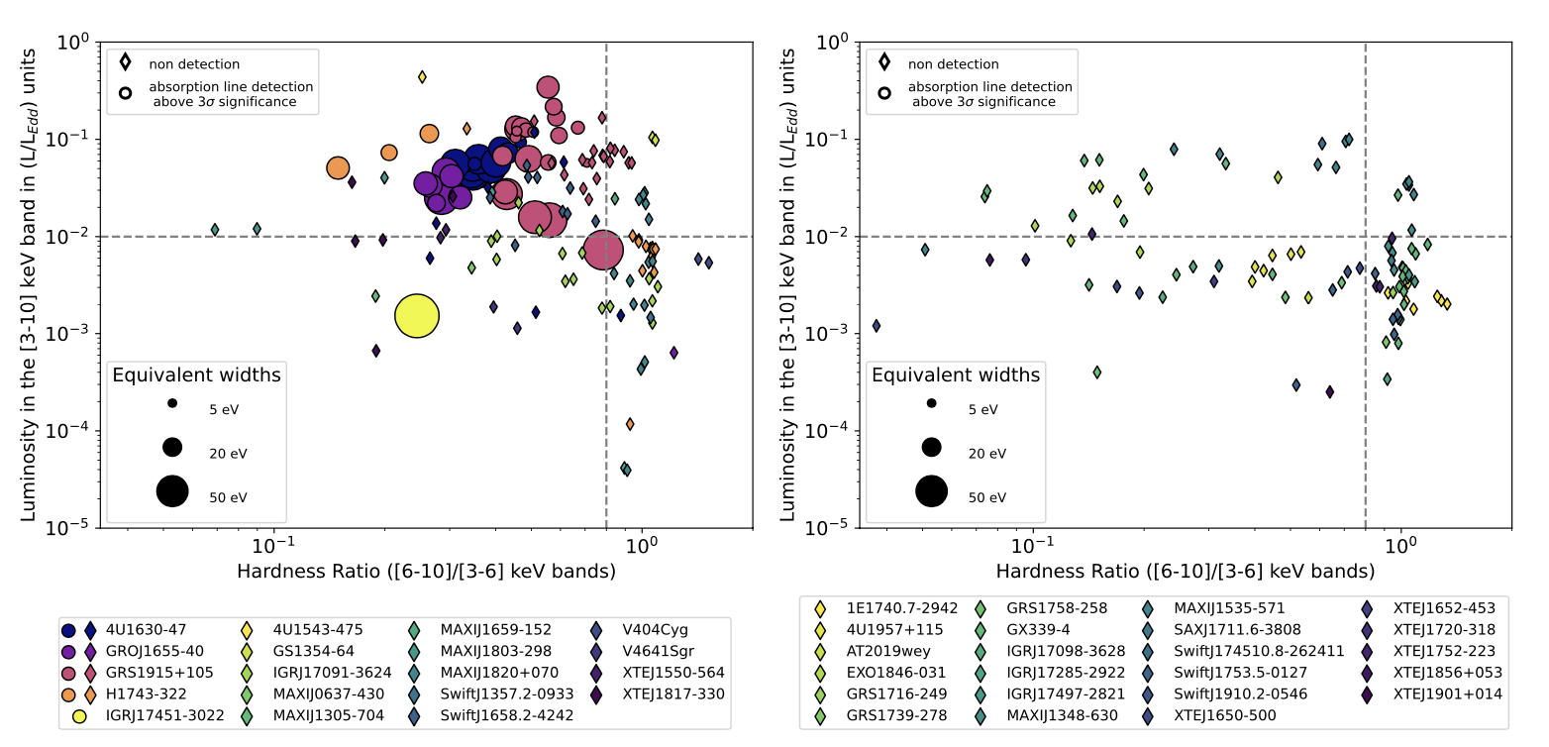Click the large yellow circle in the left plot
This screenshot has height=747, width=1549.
click(x=417, y=316)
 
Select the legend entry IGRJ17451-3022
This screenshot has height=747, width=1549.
click(x=164, y=715)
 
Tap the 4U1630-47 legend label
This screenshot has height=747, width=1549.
click(x=146, y=629)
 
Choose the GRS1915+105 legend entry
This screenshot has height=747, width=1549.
click(x=159, y=673)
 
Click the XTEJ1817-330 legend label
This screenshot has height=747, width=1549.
click(x=673, y=694)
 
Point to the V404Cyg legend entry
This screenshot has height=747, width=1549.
click(x=656, y=629)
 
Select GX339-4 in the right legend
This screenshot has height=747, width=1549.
click(x=1038, y=629)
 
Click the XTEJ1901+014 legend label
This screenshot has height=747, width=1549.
click(x=1448, y=694)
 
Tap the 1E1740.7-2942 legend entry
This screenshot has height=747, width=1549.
click(x=901, y=608)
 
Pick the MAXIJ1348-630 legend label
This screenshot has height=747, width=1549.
click(x=1062, y=715)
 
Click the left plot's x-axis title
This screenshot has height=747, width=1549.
click(x=426, y=572)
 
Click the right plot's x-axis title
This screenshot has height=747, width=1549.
click(x=1186, y=572)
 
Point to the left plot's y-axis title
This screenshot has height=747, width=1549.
click(x=29, y=285)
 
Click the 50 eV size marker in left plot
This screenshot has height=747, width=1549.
click(x=172, y=491)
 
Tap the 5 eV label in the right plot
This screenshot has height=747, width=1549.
click(x=982, y=409)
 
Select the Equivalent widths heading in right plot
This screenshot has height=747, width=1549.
click(x=956, y=374)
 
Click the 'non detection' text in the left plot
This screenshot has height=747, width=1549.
click(x=194, y=64)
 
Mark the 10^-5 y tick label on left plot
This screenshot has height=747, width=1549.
click(x=67, y=526)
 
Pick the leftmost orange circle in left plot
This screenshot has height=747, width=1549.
click(x=338, y=167)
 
